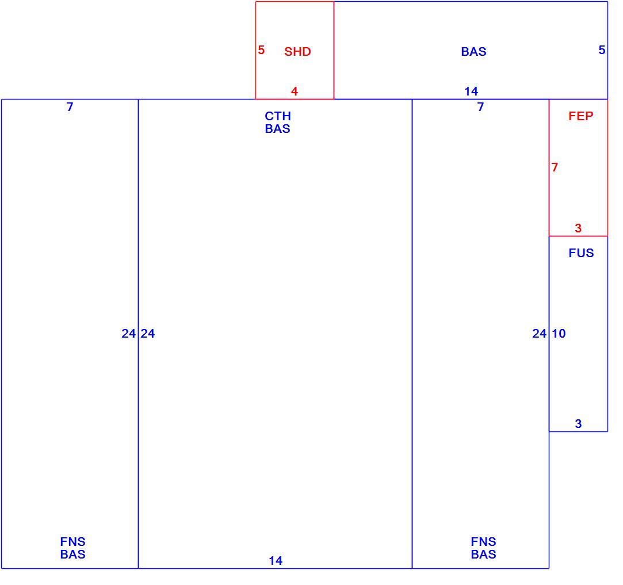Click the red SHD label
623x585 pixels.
click(x=297, y=52)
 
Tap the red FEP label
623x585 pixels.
click(x=580, y=116)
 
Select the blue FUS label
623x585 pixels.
click(x=581, y=253)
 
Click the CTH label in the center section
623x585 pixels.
click(x=278, y=116)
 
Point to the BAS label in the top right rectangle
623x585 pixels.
click(x=473, y=52)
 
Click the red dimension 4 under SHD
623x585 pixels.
click(x=295, y=91)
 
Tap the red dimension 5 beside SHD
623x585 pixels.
click(x=261, y=50)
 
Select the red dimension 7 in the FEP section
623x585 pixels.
click(x=555, y=167)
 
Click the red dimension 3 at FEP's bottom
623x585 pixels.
click(x=578, y=228)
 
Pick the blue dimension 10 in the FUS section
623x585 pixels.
click(x=559, y=334)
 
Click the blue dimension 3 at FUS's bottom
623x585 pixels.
click(x=578, y=423)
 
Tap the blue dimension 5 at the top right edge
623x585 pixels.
click(x=602, y=50)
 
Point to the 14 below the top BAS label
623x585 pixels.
click(x=471, y=91)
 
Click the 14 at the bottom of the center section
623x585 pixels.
click(x=276, y=561)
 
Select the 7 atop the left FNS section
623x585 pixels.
click(x=70, y=107)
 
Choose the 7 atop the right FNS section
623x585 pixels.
click(x=481, y=107)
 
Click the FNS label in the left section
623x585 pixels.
click(x=72, y=542)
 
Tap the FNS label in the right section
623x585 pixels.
click(x=484, y=542)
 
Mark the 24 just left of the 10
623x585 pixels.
click(x=539, y=334)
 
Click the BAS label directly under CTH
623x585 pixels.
click(x=278, y=129)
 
